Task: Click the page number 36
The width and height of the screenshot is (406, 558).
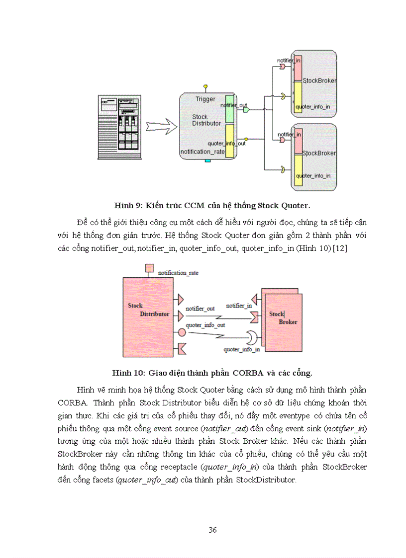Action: (212, 530)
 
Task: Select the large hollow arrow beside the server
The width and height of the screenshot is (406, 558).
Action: (161, 127)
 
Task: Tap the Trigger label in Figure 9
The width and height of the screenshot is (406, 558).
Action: (205, 99)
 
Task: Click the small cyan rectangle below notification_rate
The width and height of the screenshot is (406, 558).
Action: (208, 161)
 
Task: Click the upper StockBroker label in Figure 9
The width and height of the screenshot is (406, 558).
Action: (319, 81)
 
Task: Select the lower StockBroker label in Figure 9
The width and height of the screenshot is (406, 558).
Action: (319, 153)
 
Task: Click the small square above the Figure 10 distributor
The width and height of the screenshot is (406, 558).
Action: (148, 269)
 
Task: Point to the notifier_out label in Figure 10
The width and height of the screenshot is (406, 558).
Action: (200, 309)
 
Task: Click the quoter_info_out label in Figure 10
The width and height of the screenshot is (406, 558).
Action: (205, 325)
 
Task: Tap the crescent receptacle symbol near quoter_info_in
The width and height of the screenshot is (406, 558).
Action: (254, 338)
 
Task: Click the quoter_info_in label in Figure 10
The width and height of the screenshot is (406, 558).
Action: (241, 350)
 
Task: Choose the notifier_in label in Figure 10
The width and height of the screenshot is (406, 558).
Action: (239, 306)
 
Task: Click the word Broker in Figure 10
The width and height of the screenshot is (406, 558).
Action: (288, 322)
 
